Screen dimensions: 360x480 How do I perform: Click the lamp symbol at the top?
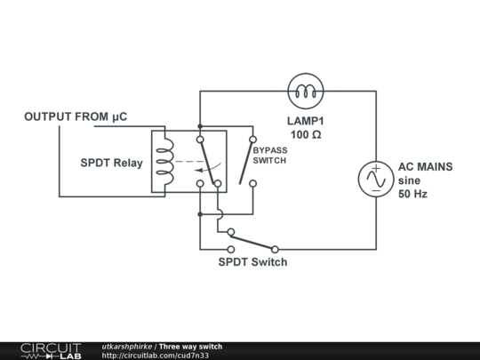coord(308,90)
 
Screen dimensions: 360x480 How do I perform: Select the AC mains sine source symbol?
coord(374,179)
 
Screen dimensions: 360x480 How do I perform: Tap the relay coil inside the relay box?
coord(164,162)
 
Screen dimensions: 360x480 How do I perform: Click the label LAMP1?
coord(308,119)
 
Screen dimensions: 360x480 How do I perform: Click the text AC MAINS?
coord(425,166)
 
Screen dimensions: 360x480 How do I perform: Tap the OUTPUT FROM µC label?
coord(79,116)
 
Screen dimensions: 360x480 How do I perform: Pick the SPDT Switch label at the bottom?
coord(252,262)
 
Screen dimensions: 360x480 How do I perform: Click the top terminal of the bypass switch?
coord(252,140)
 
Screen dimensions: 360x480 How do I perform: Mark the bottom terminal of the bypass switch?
coord(252,184)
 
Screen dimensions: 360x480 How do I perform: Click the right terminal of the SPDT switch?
coord(275,249)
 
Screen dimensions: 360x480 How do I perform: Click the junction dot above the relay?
coord(199,125)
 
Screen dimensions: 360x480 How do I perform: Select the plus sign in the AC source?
coord(374,169)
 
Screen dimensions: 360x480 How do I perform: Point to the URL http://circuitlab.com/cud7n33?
coord(155,356)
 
